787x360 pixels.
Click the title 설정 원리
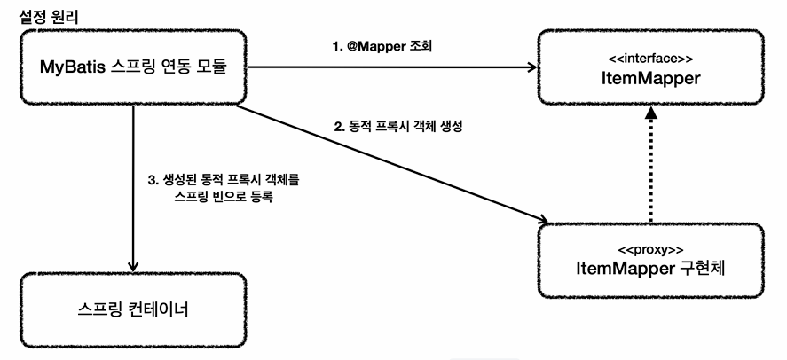[x=49, y=17]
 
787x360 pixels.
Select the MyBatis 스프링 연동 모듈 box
[x=133, y=67]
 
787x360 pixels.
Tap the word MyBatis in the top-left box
[x=73, y=67]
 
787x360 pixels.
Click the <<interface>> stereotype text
[x=651, y=59]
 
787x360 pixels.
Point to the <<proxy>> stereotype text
[x=651, y=250]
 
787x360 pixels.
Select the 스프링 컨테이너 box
[x=133, y=310]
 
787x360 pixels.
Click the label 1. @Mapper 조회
[x=382, y=47]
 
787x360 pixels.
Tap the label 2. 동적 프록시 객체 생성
[x=398, y=127]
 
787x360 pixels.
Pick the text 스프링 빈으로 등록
[x=224, y=197]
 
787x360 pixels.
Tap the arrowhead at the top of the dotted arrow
[x=651, y=113]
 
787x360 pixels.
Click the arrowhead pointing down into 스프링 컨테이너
[x=133, y=267]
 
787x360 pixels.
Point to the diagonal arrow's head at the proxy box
[x=543, y=220]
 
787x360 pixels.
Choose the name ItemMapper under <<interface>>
[x=651, y=78]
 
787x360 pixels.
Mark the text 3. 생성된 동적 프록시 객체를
[x=224, y=180]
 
